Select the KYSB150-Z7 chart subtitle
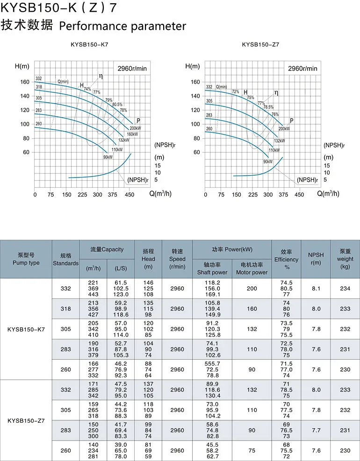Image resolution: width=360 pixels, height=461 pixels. coord(260,45)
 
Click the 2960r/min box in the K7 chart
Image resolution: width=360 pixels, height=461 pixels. coord(131,69)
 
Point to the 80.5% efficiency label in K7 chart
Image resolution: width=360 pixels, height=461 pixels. coord(117,105)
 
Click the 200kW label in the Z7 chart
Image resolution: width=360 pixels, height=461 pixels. coord(284,128)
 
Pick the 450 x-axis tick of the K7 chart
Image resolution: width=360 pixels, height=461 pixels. coord(129,195)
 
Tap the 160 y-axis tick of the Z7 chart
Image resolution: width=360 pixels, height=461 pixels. coord(195,82)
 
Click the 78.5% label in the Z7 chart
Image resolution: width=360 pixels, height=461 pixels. coord(268,107)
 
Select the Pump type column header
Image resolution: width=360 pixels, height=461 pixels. coord(26,259)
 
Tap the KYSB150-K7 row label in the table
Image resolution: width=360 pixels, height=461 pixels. coord(26,329)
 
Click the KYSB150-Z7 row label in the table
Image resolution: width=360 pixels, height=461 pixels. coord(26,420)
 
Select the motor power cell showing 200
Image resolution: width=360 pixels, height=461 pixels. coord(252,289)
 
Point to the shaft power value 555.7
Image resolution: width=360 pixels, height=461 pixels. coord(212,363)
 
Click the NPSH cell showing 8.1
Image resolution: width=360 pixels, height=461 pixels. coord(316,289)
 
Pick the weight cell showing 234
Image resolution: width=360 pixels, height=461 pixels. coord(345,289)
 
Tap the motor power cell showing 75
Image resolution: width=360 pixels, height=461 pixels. coord(252,451)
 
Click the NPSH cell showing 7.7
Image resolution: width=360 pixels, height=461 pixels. coord(316,430)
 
